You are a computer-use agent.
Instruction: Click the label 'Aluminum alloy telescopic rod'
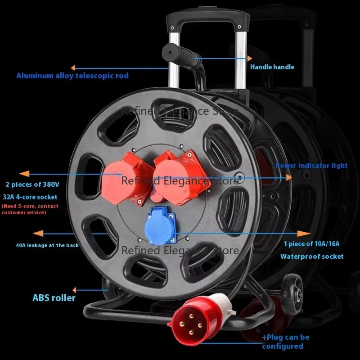(x=72, y=76)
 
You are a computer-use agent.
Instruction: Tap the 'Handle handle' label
(x=272, y=67)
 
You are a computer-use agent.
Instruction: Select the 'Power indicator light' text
(x=311, y=166)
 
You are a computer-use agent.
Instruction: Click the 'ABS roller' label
(x=54, y=298)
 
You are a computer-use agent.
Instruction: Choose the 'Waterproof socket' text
(x=312, y=256)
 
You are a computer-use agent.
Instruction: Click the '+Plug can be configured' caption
(x=286, y=342)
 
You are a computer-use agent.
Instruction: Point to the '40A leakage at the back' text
(x=47, y=245)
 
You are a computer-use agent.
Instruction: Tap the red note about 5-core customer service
(x=30, y=209)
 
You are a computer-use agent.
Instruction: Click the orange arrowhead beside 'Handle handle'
(x=249, y=58)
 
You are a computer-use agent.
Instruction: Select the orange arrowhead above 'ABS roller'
(x=75, y=290)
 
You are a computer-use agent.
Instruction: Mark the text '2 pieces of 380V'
(x=32, y=185)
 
